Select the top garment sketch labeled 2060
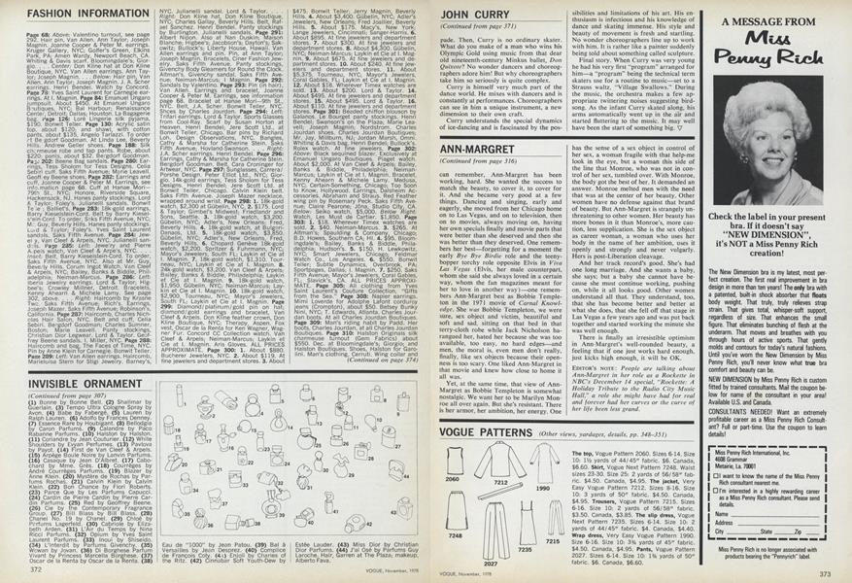click(x=455, y=461)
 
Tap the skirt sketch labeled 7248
click(x=457, y=510)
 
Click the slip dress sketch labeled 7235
click(x=528, y=524)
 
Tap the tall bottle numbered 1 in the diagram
click(x=180, y=395)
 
